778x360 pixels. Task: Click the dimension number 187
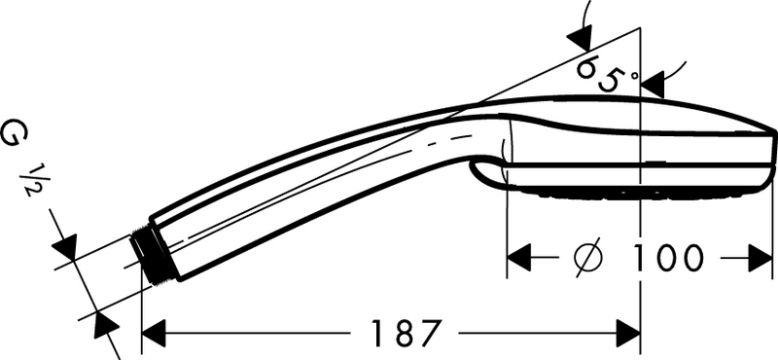pos(400,333)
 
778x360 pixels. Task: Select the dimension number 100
pos(667,258)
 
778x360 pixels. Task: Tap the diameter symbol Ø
pos(589,258)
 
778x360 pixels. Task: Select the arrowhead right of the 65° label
pos(654,82)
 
